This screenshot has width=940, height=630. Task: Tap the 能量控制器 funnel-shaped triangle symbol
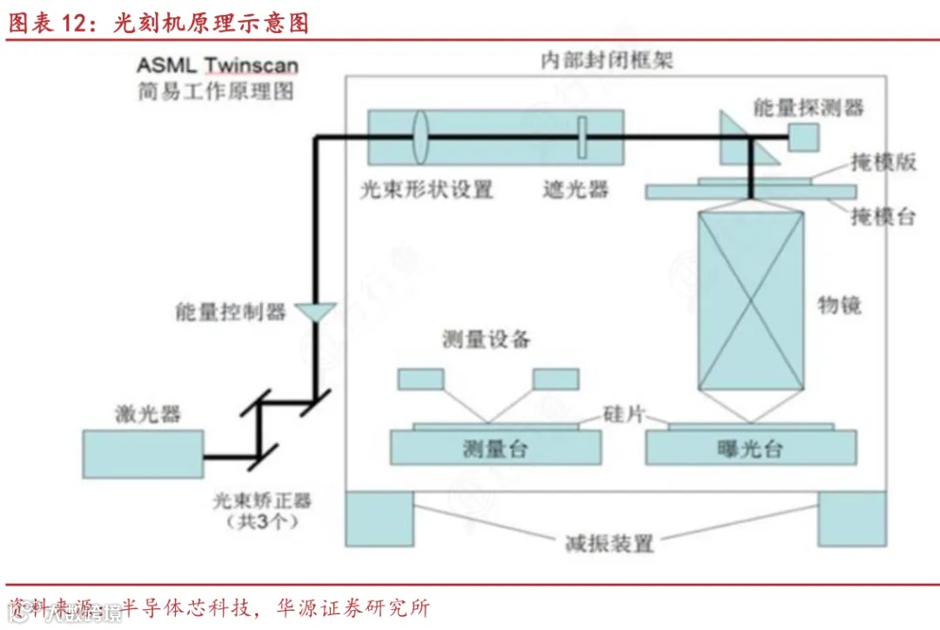pyautogui.click(x=315, y=310)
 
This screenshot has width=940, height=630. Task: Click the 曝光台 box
pyautogui.click(x=749, y=448)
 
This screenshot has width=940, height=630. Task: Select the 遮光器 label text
pyautogui.click(x=575, y=189)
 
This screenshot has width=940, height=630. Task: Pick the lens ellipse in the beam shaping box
pyautogui.click(x=421, y=137)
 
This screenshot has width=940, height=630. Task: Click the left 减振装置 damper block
pyautogui.click(x=380, y=518)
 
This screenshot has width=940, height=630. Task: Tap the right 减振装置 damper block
pyautogui.click(x=850, y=518)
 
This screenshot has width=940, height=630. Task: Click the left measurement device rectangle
pyautogui.click(x=421, y=379)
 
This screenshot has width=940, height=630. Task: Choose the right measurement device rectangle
pyautogui.click(x=555, y=379)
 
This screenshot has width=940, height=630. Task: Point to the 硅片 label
pyautogui.click(x=623, y=413)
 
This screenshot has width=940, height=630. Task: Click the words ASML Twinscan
pyautogui.click(x=218, y=65)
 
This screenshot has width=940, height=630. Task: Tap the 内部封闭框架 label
pyautogui.click(x=607, y=60)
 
